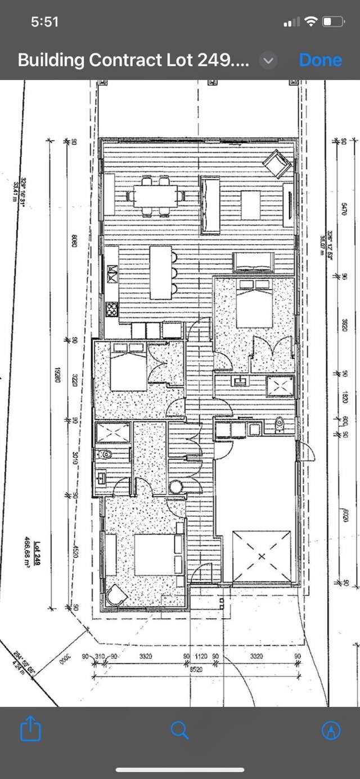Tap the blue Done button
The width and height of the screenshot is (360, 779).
(x=320, y=60)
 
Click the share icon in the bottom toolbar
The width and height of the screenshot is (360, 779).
(x=31, y=730)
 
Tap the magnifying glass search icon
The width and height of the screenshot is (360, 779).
(x=179, y=730)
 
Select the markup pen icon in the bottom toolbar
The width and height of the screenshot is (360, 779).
(x=331, y=730)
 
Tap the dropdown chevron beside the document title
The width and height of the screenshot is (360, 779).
(x=269, y=61)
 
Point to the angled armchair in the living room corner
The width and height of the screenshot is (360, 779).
(x=277, y=164)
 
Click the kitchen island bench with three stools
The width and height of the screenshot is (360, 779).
(x=161, y=272)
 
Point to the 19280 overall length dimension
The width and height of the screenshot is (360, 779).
(x=57, y=374)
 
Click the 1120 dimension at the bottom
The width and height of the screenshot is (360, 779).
(x=201, y=656)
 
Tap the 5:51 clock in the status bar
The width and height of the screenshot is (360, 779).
(x=45, y=22)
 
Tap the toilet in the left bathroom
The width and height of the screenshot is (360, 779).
(x=104, y=453)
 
